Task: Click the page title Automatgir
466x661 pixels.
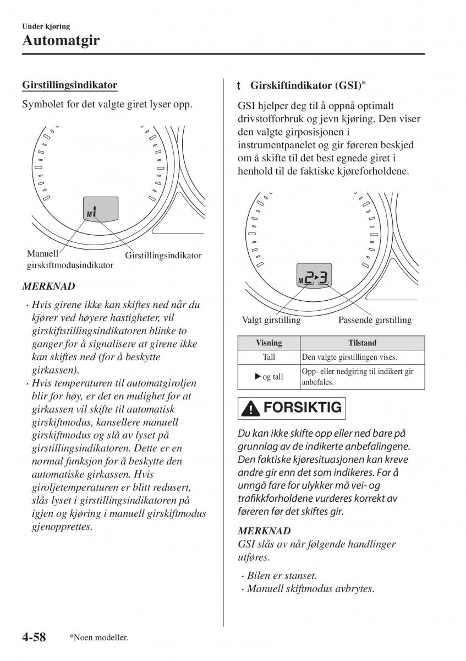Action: point(61,40)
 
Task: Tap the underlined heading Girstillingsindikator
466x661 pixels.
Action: point(69,85)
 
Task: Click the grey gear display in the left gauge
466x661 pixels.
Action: point(101,209)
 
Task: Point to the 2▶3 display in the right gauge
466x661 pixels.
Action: point(314,277)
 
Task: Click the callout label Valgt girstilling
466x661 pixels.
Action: point(271,320)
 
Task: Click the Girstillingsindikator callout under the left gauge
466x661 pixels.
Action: point(163,256)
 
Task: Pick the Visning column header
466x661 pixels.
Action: point(268,343)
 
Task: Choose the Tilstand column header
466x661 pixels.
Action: point(362,343)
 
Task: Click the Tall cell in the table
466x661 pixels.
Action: point(268,357)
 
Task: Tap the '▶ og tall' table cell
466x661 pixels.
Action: point(268,377)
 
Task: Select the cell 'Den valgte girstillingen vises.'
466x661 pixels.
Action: point(349,357)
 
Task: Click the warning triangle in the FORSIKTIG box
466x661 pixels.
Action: point(251,408)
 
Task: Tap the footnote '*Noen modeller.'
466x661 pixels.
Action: point(98,638)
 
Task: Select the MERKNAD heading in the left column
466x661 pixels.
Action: point(49,286)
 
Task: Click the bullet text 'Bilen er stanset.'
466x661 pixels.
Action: point(282,576)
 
